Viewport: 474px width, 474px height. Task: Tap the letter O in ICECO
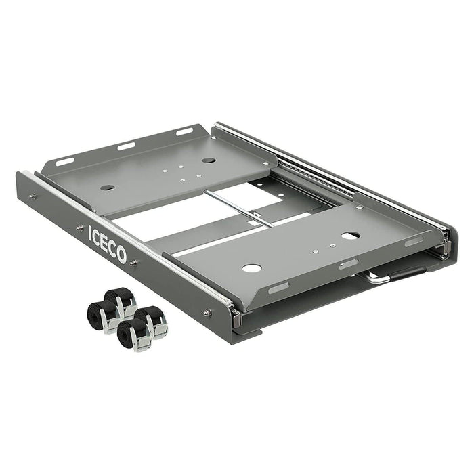121,255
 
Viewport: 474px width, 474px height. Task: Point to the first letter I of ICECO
91,232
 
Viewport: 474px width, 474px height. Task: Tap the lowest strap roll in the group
133,337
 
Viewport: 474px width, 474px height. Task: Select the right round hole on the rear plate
209,160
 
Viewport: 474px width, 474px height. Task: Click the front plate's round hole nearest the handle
350,236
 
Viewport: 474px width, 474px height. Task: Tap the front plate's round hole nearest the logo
251,268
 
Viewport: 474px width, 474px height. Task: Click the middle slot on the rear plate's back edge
126,146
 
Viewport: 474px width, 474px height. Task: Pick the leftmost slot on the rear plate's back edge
65,161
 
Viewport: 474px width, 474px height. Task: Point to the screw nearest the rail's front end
207,312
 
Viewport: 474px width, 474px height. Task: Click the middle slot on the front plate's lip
348,263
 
